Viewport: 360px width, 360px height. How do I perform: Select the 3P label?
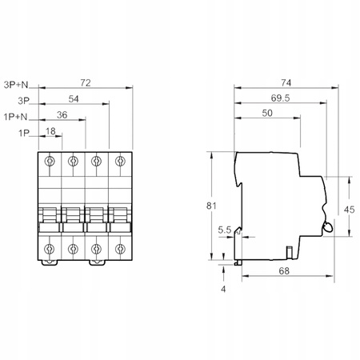22,100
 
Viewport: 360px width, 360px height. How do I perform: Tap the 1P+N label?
18,116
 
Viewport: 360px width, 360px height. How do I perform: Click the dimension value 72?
86,82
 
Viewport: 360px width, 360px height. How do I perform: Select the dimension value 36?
62,115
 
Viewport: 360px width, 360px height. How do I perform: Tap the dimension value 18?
52,131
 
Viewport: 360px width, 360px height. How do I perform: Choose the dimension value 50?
268,115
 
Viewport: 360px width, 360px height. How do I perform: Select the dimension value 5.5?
225,230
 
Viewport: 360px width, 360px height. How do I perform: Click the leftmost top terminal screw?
50,162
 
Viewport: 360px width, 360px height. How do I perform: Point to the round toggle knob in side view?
328,229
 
